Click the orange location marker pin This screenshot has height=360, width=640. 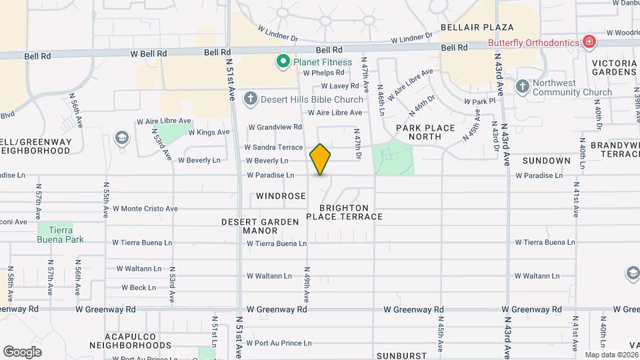pos(321,159)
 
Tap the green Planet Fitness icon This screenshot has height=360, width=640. pos(283,62)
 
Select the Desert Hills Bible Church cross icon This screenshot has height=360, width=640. pos(250,99)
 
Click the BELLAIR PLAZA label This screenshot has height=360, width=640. pos(477,27)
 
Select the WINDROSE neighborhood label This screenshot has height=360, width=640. pos(281,196)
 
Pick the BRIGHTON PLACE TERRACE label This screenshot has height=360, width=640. pos(345,212)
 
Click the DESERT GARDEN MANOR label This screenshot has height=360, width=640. pos(250,226)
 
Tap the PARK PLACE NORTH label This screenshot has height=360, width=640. pos(425,132)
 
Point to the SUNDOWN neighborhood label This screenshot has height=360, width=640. pos(546,161)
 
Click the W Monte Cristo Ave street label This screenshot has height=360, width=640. pos(145,209)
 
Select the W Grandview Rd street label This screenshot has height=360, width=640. pos(275,127)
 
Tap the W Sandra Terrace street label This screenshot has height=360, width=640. pos(273,147)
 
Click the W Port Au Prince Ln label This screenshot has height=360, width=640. pos(279,343)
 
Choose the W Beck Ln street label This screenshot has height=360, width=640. pos(138,288)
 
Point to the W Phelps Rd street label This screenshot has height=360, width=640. pos(323,73)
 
